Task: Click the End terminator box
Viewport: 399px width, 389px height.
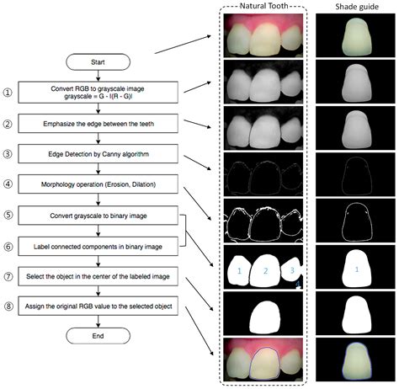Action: pyautogui.click(x=98, y=333)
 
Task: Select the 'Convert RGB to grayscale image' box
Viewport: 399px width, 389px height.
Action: pyautogui.click(x=98, y=92)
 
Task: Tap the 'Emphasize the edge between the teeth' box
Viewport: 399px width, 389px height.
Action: pyautogui.click(x=98, y=124)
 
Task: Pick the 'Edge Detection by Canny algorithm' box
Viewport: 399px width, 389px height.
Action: pyautogui.click(x=98, y=154)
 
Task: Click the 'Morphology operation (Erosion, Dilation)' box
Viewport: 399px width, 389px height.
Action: pyautogui.click(x=98, y=184)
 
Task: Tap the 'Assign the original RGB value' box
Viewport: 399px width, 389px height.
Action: pyautogui.click(x=98, y=306)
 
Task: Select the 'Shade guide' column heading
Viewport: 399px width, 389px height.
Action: pyautogui.click(x=352, y=7)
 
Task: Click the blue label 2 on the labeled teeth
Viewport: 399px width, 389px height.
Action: pyautogui.click(x=265, y=270)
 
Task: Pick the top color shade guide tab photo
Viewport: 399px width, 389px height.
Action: pyautogui.click(x=353, y=39)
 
